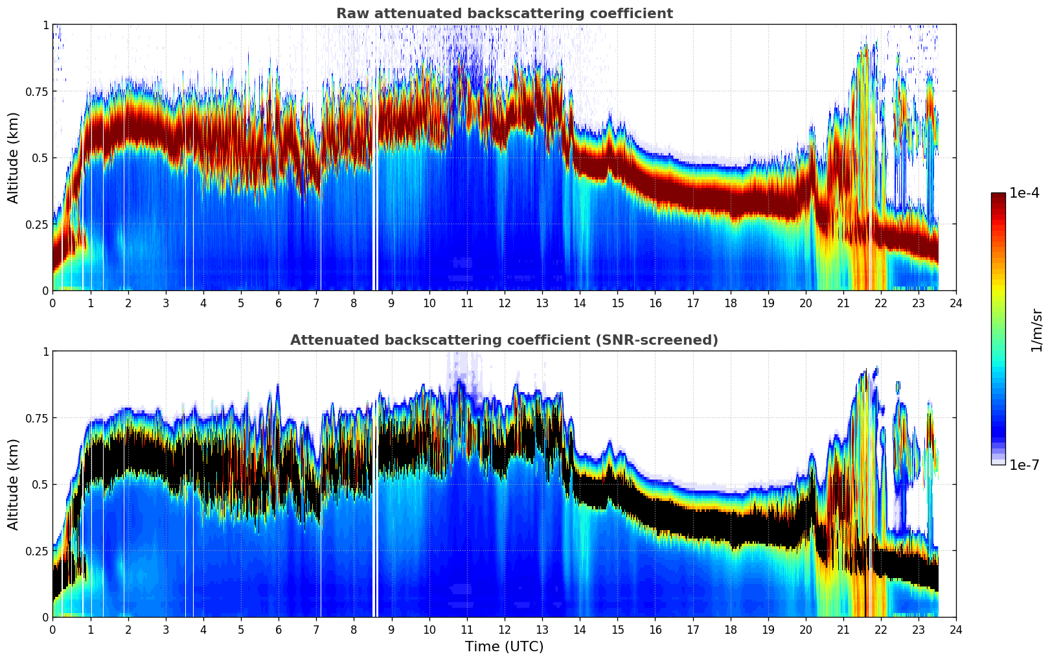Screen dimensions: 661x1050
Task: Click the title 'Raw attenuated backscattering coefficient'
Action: point(504,14)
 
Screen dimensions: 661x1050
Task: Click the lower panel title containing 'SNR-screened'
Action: point(504,340)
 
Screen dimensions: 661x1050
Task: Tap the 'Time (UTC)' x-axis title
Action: point(504,647)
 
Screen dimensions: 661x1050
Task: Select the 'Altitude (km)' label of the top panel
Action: point(14,157)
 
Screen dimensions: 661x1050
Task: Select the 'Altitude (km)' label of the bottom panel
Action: point(14,484)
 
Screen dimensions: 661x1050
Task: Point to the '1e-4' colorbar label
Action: point(1024,194)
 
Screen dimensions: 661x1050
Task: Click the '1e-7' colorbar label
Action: point(1024,465)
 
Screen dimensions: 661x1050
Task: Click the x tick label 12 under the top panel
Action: point(504,303)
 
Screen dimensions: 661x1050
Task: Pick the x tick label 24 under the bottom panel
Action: point(955,629)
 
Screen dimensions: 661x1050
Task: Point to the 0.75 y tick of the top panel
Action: point(37,91)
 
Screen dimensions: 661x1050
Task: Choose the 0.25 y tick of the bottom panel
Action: point(37,551)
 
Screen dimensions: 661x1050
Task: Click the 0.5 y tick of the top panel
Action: point(41,157)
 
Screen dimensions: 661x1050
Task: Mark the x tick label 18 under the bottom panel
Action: point(730,629)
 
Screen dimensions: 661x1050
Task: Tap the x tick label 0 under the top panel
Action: point(52,303)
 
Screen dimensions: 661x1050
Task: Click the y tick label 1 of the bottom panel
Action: point(45,351)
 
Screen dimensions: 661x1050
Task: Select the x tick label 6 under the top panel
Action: point(279,303)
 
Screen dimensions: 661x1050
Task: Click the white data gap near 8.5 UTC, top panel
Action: point(376,194)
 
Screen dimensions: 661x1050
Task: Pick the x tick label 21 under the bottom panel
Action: point(843,629)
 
